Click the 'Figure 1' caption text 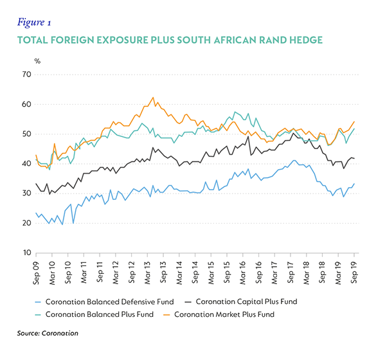[x=34, y=22]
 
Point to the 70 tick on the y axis [x=27, y=75]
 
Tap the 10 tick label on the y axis [x=27, y=253]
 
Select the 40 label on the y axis [x=27, y=163]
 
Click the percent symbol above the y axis [x=37, y=61]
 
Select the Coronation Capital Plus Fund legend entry [x=241, y=301]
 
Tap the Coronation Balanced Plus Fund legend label [x=94, y=314]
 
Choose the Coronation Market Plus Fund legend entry [x=219, y=314]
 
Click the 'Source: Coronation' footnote [x=48, y=333]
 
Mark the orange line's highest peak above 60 [x=153, y=97]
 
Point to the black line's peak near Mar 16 [x=248, y=136]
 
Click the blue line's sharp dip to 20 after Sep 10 [x=73, y=223]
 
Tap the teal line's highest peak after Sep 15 [x=235, y=112]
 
